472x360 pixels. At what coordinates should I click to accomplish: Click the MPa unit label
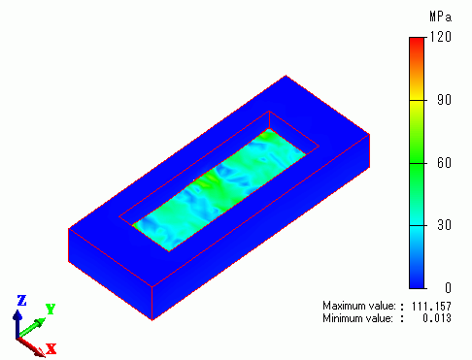pyautogui.click(x=440, y=16)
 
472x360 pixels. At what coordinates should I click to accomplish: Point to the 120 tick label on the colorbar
pyautogui.click(x=441, y=37)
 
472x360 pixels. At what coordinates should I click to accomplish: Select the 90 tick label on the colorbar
pyautogui.click(x=444, y=100)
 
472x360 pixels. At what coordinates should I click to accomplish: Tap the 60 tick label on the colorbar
pyautogui.click(x=444, y=163)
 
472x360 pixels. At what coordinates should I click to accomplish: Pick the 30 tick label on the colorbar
pyautogui.click(x=444, y=225)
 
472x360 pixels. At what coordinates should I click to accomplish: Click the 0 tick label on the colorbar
pyautogui.click(x=448, y=287)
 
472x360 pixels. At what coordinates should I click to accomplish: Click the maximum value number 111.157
pyautogui.click(x=431, y=306)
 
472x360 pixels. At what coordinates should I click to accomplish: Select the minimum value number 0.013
pyautogui.click(x=437, y=318)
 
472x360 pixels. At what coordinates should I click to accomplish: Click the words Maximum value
pyautogui.click(x=359, y=306)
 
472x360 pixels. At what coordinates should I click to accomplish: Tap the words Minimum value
pyautogui.click(x=357, y=318)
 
